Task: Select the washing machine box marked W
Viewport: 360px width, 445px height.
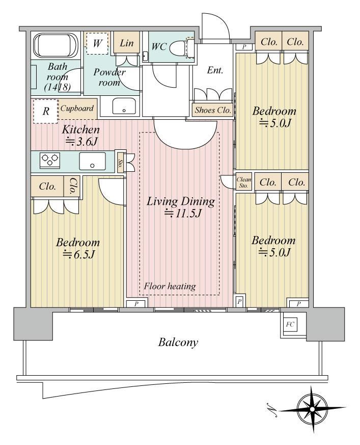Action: tap(97, 43)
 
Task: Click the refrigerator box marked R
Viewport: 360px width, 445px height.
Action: tap(46, 111)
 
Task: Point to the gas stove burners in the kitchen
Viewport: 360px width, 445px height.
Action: tap(50, 160)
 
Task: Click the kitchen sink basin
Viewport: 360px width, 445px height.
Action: tap(92, 161)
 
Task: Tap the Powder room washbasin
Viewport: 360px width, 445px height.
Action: tap(124, 106)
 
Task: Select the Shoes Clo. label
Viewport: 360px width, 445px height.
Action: tap(213, 110)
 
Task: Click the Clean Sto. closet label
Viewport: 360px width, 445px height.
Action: tap(244, 182)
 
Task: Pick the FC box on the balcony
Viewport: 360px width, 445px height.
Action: tap(290, 324)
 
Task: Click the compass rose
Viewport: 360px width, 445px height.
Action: tap(312, 409)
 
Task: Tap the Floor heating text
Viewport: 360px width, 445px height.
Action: tap(170, 286)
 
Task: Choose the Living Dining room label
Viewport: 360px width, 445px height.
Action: tap(181, 207)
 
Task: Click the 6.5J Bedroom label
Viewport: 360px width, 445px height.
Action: tap(78, 248)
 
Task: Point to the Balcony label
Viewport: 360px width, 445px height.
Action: tap(178, 342)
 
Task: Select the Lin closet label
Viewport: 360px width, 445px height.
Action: tap(126, 43)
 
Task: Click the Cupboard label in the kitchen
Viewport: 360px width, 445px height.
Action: tap(77, 109)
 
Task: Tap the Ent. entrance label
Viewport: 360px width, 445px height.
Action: tap(215, 70)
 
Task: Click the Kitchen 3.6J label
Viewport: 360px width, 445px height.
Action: tap(81, 135)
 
